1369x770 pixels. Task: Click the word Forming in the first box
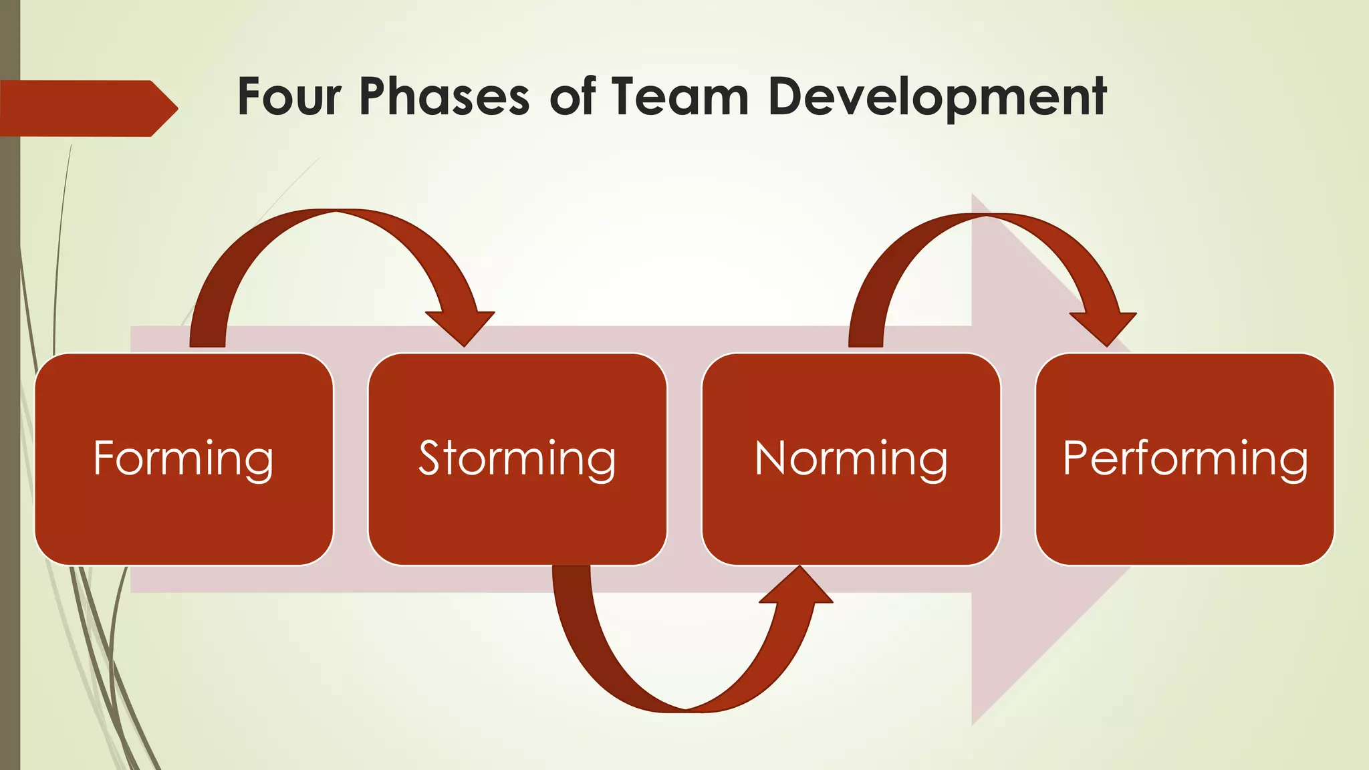pyautogui.click(x=183, y=459)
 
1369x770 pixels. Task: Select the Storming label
pyautogui.click(x=517, y=459)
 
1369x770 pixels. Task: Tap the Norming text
pyautogui.click(x=851, y=459)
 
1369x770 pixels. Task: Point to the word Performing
pyautogui.click(x=1185, y=459)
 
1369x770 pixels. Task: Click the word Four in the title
pyautogui.click(x=289, y=97)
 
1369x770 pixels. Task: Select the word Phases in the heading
pyautogui.click(x=445, y=97)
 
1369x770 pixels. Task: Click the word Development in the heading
pyautogui.click(x=937, y=97)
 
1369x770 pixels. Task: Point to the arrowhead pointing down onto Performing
pyautogui.click(x=1105, y=328)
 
